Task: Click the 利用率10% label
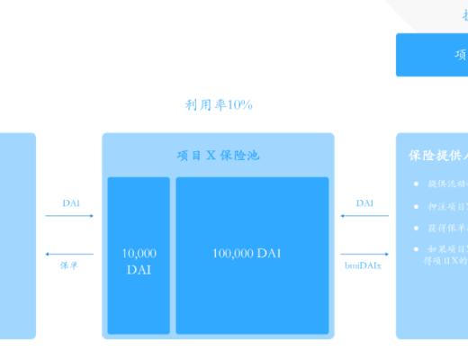click(219, 105)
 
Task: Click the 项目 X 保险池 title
click(218, 155)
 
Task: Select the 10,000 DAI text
click(139, 261)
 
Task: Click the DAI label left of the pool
click(71, 203)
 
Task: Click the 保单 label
click(70, 266)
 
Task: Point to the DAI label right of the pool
click(364, 203)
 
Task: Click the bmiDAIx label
click(363, 266)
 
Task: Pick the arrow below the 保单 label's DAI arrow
click(70, 255)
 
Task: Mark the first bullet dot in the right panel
click(416, 184)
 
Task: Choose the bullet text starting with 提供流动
click(446, 184)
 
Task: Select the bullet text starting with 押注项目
click(446, 207)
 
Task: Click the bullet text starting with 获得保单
click(446, 229)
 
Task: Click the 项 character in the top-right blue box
click(460, 55)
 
